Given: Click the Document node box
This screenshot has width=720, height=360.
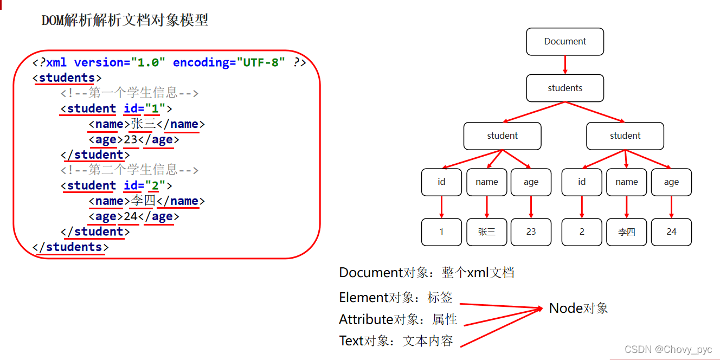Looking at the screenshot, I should pos(565,42).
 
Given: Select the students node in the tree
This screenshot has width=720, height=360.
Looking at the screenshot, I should pos(565,88).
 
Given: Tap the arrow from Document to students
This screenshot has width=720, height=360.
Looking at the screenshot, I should pos(565,65).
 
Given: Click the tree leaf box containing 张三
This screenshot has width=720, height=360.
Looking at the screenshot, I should pos(486,232).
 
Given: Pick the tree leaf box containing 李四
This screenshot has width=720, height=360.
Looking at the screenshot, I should pos(626,232).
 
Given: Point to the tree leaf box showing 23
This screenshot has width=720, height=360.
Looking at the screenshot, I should pos(531,232).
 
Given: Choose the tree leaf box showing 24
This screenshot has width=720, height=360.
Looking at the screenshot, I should pos(671,232).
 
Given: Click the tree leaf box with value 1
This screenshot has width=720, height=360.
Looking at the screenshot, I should pos(441,232).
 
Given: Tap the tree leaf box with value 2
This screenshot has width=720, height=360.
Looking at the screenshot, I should pos(582,232).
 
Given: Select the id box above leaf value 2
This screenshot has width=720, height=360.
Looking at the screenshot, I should pos(582,182).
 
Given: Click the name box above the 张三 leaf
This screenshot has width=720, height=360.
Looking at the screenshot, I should pos(486,182).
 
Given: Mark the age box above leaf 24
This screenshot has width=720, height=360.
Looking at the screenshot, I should pos(671,182).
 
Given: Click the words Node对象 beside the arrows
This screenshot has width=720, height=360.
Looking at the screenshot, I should pos(578,308).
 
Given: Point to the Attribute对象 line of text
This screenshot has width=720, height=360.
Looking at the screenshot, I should pos(398,319).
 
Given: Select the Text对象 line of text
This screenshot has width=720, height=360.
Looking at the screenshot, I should pos(396,341).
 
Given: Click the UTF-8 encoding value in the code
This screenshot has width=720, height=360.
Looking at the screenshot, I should pos(260,62).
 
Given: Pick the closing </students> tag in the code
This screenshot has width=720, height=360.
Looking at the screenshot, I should pos(70,247).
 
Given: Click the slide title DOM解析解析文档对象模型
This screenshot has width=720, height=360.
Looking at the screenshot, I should pos(125,21).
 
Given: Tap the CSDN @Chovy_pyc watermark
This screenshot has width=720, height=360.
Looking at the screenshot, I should pos(668,350).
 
